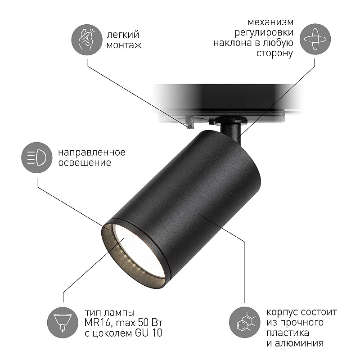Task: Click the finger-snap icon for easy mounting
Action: point(87,40)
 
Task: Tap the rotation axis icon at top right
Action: point(315,39)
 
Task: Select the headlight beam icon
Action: point(37,157)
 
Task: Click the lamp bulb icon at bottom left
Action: point(63,322)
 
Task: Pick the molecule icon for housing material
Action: point(245,322)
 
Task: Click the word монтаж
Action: point(124,45)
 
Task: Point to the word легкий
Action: point(123,35)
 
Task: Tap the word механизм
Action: point(270,22)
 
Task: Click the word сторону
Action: point(274,53)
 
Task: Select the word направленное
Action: point(92,153)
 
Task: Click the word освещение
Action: point(85,163)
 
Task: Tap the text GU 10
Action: point(148,333)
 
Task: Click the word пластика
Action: point(288,333)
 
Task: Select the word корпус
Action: point(283,313)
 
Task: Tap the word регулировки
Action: point(264,33)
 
